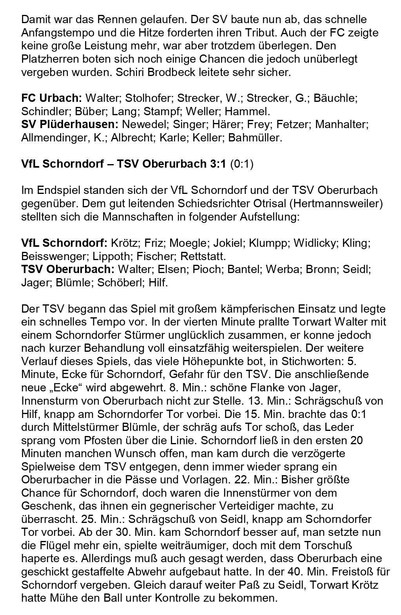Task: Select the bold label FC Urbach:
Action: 51,98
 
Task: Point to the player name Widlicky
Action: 315,243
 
